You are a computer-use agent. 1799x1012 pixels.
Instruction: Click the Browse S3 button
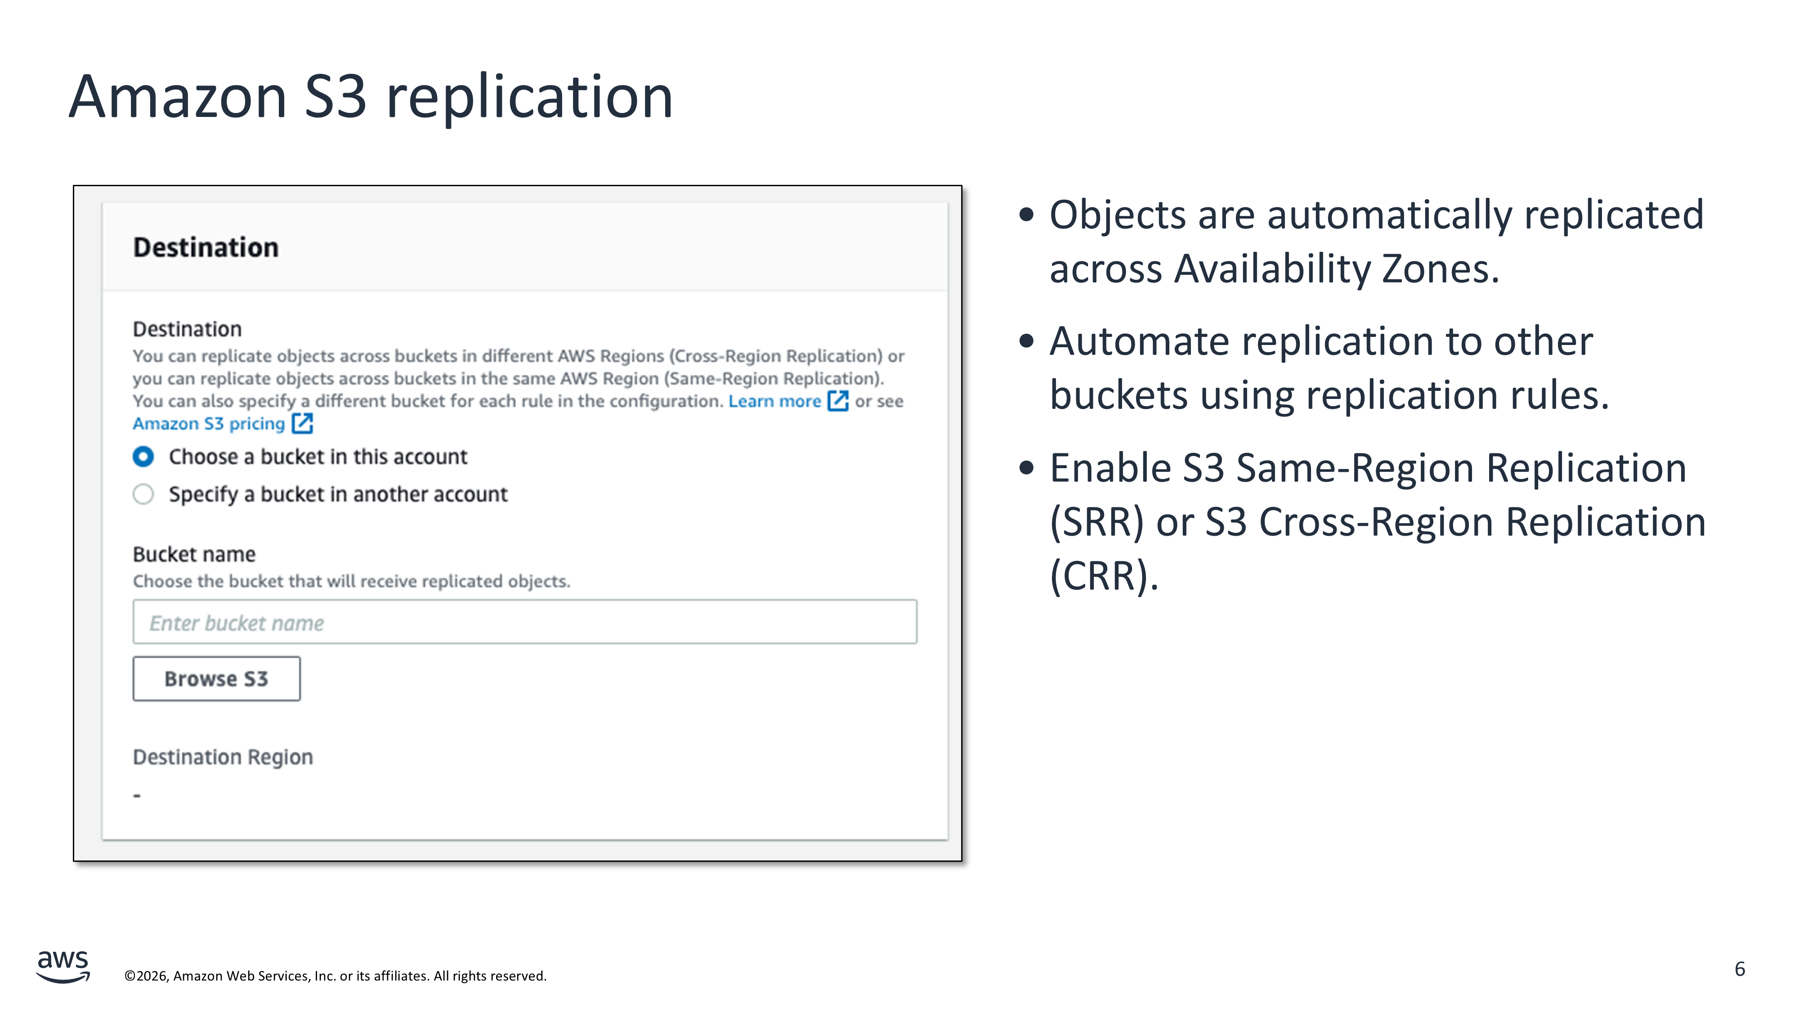216,678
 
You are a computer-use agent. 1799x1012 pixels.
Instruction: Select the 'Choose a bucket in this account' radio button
143,457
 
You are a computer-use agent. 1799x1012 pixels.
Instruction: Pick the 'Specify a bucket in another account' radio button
143,494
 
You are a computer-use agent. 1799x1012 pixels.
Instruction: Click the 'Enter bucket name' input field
524,622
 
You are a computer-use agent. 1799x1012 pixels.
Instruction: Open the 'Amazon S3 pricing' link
209,424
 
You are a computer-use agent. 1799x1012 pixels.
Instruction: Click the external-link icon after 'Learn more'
838,401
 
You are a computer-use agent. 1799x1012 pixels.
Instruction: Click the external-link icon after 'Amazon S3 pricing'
302,423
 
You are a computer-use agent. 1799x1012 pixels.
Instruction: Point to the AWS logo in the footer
63,967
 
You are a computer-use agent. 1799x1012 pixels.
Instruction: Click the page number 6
1740,969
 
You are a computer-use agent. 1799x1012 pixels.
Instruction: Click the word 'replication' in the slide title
529,97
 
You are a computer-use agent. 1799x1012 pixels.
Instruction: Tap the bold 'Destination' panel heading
206,247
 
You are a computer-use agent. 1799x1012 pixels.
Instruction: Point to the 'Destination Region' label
223,757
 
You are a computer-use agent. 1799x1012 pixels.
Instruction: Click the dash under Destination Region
137,796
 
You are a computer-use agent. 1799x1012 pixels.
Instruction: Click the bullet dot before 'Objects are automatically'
1026,215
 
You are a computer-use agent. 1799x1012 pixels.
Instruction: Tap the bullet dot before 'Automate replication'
1026,341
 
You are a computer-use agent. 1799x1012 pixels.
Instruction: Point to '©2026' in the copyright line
146,976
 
